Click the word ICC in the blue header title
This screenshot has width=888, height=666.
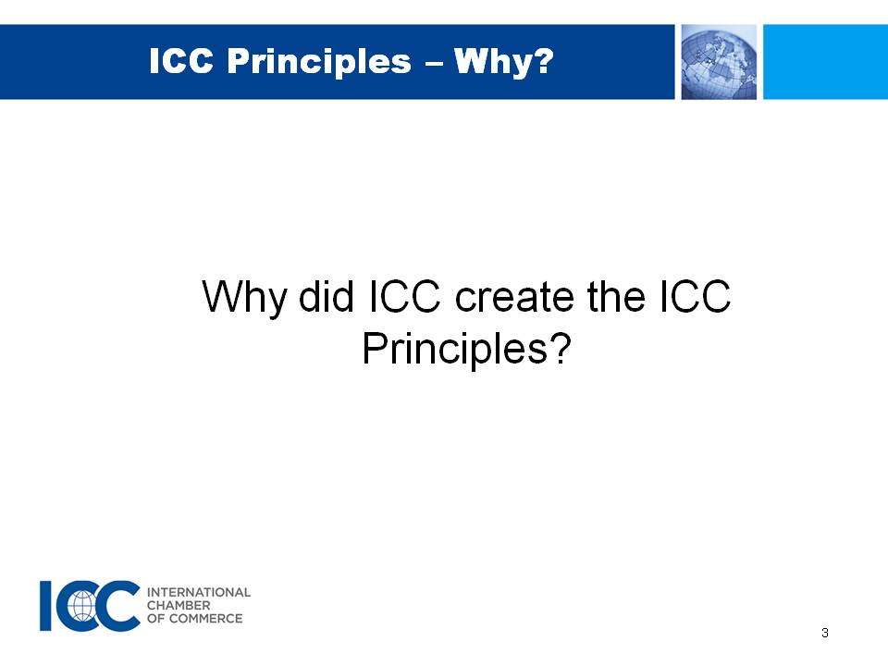click(x=181, y=61)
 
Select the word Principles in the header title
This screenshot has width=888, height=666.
click(x=319, y=62)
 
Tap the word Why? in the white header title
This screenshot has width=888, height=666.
click(x=503, y=62)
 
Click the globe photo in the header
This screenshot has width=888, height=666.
click(x=719, y=62)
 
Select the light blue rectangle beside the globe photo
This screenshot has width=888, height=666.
click(x=826, y=62)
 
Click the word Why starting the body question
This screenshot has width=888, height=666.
click(x=244, y=297)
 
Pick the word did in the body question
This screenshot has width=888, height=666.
click(x=327, y=296)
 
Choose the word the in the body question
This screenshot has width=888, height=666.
click(x=616, y=296)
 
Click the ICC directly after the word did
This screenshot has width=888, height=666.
click(x=405, y=296)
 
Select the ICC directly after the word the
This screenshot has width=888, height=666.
click(x=695, y=296)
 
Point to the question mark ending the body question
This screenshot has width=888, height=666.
click(x=560, y=347)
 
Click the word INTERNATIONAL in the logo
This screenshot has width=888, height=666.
click(x=199, y=592)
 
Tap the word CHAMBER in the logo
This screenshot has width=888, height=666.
click(x=179, y=605)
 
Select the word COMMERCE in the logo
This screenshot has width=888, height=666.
click(x=206, y=619)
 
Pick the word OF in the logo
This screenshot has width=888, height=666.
click(x=155, y=619)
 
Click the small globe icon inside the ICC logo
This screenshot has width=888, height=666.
click(x=82, y=605)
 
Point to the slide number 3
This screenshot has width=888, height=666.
click(x=824, y=633)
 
